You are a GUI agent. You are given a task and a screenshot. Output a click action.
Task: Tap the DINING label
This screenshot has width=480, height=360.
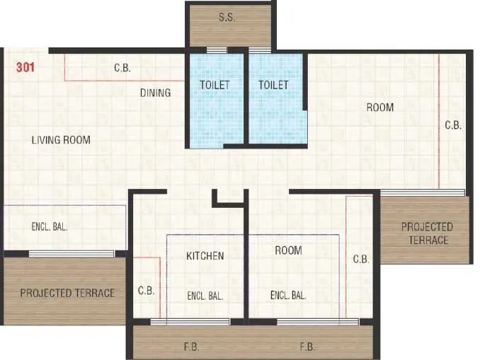coord(155,93)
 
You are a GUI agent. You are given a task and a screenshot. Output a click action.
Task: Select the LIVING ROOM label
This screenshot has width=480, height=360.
coord(61,140)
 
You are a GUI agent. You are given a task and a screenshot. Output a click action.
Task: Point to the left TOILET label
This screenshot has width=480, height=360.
coord(215,85)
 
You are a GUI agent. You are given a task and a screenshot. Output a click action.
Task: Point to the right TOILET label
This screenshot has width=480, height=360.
coord(273,85)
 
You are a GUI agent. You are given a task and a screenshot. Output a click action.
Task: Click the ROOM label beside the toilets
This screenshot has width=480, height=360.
coord(379,108)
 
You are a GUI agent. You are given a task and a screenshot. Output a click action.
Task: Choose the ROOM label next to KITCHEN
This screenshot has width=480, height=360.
coord(288,250)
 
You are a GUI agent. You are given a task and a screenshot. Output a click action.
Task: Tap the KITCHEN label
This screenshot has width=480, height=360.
coord(205,255)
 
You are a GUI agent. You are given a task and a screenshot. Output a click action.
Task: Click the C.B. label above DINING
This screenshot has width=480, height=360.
coord(122,69)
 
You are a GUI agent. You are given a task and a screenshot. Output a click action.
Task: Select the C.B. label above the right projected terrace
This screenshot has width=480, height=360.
coord(453,125)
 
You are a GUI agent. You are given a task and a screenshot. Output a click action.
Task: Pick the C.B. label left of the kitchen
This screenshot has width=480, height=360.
coord(146,291)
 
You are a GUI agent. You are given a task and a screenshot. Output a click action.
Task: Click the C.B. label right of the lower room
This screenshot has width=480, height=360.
coord(361,260)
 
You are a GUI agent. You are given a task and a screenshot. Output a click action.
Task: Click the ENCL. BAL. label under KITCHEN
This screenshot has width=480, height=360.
coord(205,296)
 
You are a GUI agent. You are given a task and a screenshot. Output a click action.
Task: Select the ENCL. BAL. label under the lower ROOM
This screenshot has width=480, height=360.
coord(288,296)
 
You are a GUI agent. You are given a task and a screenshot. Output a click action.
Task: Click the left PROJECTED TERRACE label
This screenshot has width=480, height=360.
coord(67,293)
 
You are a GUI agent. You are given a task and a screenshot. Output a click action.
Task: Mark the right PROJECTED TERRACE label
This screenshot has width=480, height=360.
coord(427,233)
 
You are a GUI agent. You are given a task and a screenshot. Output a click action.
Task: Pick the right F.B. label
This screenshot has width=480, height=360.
coord(307,347)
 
